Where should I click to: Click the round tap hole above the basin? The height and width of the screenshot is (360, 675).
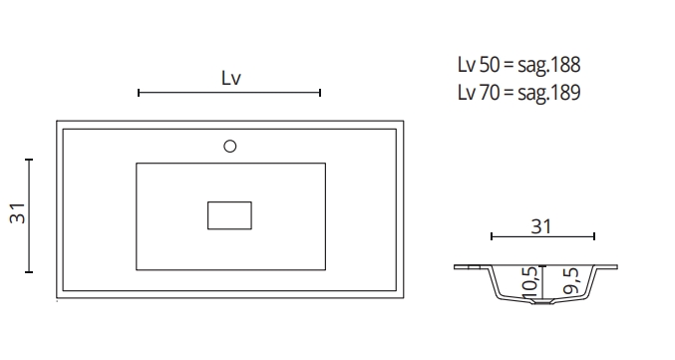coord(230,147)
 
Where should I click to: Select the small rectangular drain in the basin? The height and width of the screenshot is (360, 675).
coord(230,215)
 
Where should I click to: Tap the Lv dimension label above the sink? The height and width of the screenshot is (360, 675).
coord(231,78)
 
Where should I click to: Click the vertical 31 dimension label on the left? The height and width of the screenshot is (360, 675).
coord(18,213)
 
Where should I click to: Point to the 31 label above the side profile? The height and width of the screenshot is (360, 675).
coord(541,227)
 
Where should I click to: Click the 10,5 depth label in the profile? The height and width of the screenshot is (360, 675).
coord(529,282)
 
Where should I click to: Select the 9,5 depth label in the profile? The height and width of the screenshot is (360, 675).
coord(571,281)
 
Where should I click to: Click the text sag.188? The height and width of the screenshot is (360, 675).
coord(549,65)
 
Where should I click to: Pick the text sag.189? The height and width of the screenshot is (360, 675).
coord(549,93)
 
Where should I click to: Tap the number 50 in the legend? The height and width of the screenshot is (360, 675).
coord(490,65)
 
